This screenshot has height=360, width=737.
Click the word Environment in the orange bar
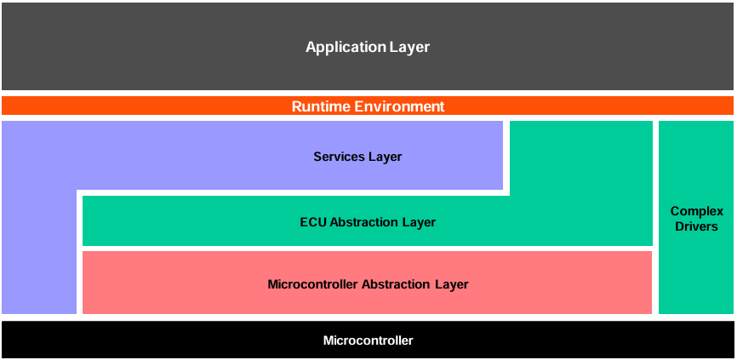(399, 106)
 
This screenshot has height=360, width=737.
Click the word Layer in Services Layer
(385, 157)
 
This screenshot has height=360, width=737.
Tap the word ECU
(312, 222)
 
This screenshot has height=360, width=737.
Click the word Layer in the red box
(452, 284)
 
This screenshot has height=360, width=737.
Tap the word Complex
(696, 211)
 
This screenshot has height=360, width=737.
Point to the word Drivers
(696, 226)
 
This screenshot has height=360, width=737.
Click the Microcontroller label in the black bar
(368, 340)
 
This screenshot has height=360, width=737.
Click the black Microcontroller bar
(128, 340)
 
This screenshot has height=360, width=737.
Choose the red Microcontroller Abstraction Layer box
(170, 284)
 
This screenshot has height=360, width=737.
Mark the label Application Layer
(368, 47)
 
